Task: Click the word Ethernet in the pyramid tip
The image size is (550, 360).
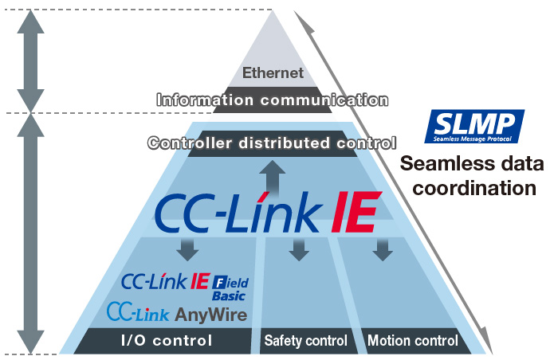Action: [273, 73]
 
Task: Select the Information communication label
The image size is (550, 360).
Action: [273, 100]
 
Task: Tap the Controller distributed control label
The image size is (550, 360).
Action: [272, 144]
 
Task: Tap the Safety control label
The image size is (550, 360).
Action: [305, 341]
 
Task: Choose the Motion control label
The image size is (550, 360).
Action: [413, 341]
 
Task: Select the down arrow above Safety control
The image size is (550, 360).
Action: [299, 248]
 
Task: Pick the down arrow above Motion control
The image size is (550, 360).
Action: [383, 248]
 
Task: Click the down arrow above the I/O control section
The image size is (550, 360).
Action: [189, 248]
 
